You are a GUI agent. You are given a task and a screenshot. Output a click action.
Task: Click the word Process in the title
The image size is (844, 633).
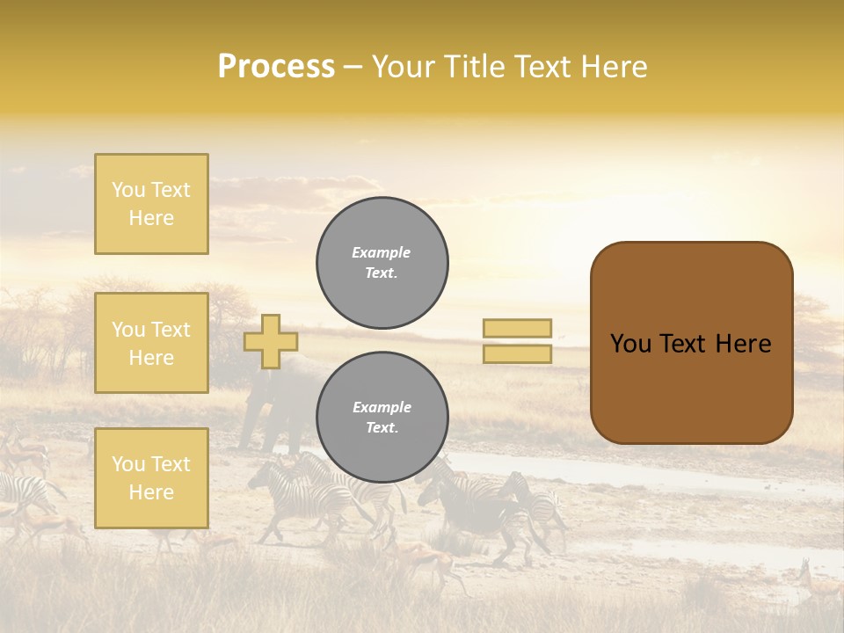coord(276,67)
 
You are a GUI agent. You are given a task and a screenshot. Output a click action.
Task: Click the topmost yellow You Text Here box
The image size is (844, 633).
coord(151,204)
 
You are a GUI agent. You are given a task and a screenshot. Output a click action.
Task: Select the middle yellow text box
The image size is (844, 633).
coord(151,343)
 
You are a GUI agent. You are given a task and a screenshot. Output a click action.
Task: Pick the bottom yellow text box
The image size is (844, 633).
coord(151,478)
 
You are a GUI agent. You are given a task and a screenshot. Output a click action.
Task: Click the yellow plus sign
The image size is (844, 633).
coord(270,341)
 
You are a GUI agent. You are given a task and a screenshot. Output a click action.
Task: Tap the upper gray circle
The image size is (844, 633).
coord(382,263)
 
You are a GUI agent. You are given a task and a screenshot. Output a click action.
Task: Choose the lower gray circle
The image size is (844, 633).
coord(382,418)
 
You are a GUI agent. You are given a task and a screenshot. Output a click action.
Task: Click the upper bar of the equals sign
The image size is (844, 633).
coord(517,328)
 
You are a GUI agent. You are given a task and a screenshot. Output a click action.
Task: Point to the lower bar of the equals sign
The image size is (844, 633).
coord(517,353)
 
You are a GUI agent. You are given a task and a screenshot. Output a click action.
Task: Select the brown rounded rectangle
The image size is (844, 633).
coord(691,387)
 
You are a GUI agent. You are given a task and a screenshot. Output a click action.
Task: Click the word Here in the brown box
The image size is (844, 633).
coord(743,344)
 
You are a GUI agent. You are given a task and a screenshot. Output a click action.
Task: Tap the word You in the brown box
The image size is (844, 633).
coord(629,344)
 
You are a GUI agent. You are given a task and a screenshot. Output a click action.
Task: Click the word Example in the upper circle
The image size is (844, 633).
coord(382,252)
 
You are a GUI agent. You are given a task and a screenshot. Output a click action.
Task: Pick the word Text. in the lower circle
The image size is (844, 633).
coord(382,428)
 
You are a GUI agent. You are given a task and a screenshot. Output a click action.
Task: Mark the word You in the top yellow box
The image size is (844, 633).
coord(128,190)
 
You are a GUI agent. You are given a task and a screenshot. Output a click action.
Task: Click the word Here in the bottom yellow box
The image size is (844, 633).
coord(151,492)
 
